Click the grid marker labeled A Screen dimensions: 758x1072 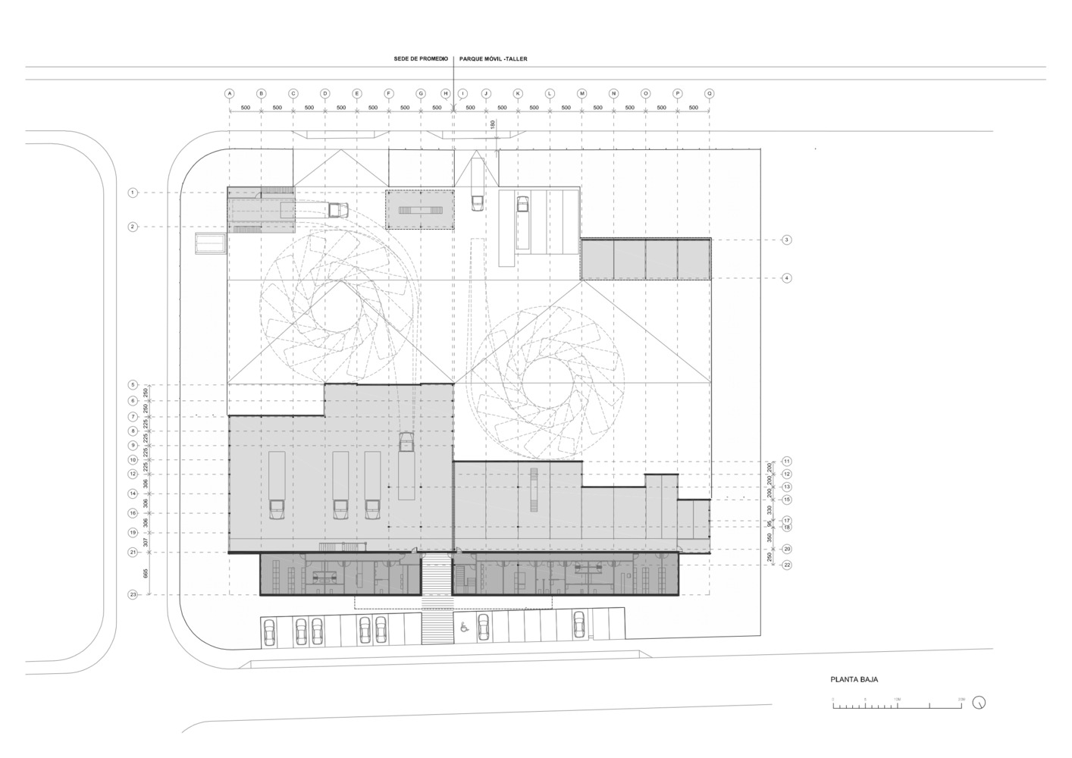coord(229,94)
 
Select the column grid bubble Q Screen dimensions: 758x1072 coord(710,94)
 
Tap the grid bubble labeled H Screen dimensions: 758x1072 coord(446,94)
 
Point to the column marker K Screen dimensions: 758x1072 coord(518,94)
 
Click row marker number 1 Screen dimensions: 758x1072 coord(133,193)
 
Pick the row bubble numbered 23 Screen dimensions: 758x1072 coord(133,595)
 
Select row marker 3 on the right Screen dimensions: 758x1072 coord(787,240)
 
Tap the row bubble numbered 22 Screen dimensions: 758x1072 coord(787,565)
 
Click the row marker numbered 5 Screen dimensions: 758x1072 coord(133,385)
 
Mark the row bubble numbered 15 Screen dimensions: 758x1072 coord(787,500)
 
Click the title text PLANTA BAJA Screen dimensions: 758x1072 coord(854,680)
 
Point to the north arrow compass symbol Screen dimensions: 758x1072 coord(980,703)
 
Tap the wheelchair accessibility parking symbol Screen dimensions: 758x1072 coord(463,627)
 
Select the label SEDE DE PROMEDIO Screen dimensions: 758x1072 coord(421,58)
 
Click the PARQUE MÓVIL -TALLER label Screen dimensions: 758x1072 coord(493,58)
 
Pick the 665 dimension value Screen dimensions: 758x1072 coord(146,574)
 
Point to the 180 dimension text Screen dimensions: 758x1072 coord(492,124)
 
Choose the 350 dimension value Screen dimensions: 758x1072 coord(769,538)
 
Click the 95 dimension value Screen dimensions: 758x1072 coord(769,524)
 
